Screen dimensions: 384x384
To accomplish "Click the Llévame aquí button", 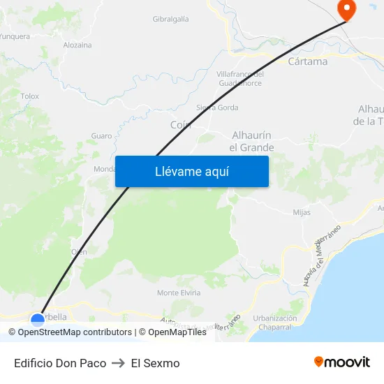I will click(191, 171).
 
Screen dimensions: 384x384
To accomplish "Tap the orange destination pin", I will click(346, 9).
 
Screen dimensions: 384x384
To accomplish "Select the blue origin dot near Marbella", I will click(38, 320).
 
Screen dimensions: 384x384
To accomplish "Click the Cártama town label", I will click(307, 61).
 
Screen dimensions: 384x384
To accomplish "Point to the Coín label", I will click(180, 124).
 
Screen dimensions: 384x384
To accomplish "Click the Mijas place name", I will click(302, 212).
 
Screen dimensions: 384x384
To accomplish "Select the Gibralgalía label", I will click(170, 20).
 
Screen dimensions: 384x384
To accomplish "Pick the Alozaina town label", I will click(77, 45).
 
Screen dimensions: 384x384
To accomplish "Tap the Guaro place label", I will click(101, 136).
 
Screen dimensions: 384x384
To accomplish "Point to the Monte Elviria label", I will click(179, 293).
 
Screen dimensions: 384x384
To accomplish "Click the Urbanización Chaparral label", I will click(274, 323).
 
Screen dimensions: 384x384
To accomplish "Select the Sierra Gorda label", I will click(217, 108).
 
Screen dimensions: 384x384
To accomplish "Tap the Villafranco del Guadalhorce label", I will click(239, 79).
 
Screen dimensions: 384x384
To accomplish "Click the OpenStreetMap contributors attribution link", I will click(75, 332).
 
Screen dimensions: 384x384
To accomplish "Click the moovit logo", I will click(342, 362).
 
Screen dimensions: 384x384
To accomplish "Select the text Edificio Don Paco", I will click(60, 363).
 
